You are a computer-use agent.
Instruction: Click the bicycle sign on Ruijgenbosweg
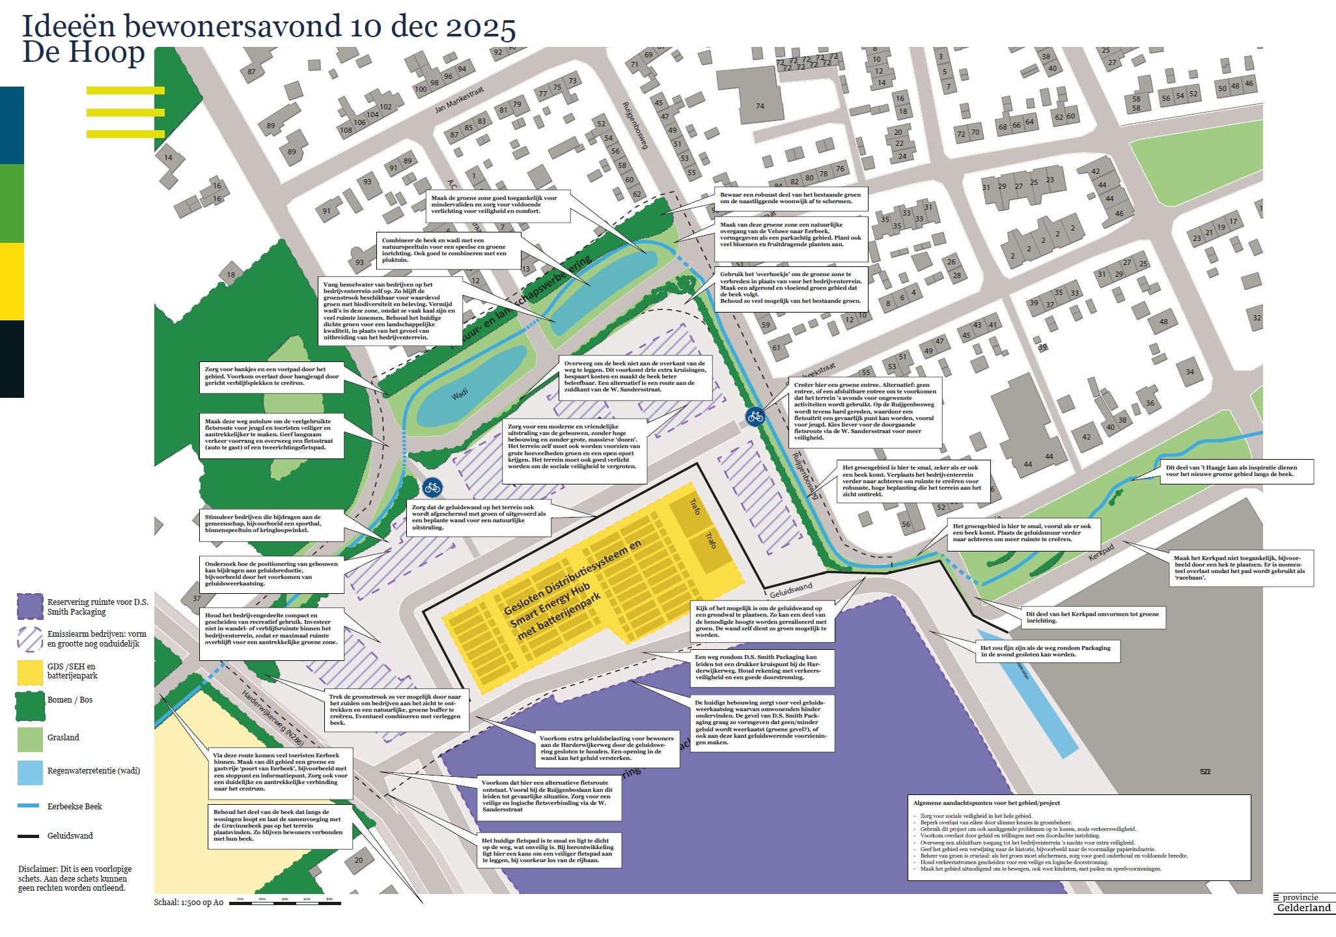pyautogui.click(x=755, y=416)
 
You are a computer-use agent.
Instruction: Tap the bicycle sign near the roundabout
pyautogui.click(x=432, y=486)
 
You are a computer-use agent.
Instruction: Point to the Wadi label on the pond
pyautogui.click(x=460, y=395)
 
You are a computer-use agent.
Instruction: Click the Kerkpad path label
pyautogui.click(x=1101, y=553)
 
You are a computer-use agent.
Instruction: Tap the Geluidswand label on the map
pyautogui.click(x=791, y=590)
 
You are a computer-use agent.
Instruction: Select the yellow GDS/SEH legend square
pyautogui.click(x=30, y=671)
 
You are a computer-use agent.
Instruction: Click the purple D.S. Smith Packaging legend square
pyautogui.click(x=30, y=607)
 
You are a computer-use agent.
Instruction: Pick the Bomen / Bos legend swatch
pyautogui.click(x=30, y=705)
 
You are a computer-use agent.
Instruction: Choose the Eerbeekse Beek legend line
pyautogui.click(x=29, y=806)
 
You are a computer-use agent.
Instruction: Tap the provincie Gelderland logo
pyautogui.click(x=1303, y=903)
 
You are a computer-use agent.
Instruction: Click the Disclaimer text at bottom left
pyautogui.click(x=74, y=878)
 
